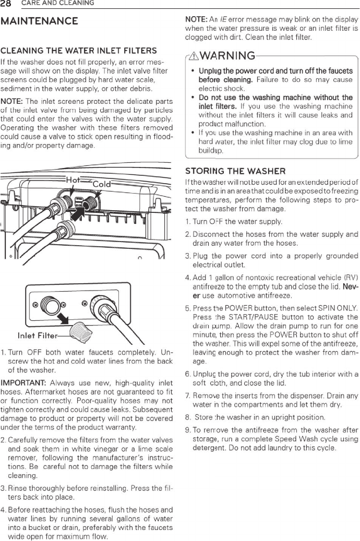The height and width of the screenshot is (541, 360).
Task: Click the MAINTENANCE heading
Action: tap(40, 21)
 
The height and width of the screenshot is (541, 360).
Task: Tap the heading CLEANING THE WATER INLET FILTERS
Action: tap(79, 51)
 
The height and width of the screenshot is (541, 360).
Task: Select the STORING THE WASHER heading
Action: tap(235, 171)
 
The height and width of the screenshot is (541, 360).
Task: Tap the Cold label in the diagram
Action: tap(102, 184)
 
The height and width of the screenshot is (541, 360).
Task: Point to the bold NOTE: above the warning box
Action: tap(196, 19)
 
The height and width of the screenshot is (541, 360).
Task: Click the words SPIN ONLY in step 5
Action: tap(334, 308)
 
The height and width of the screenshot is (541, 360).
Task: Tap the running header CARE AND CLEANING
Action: tap(57, 4)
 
